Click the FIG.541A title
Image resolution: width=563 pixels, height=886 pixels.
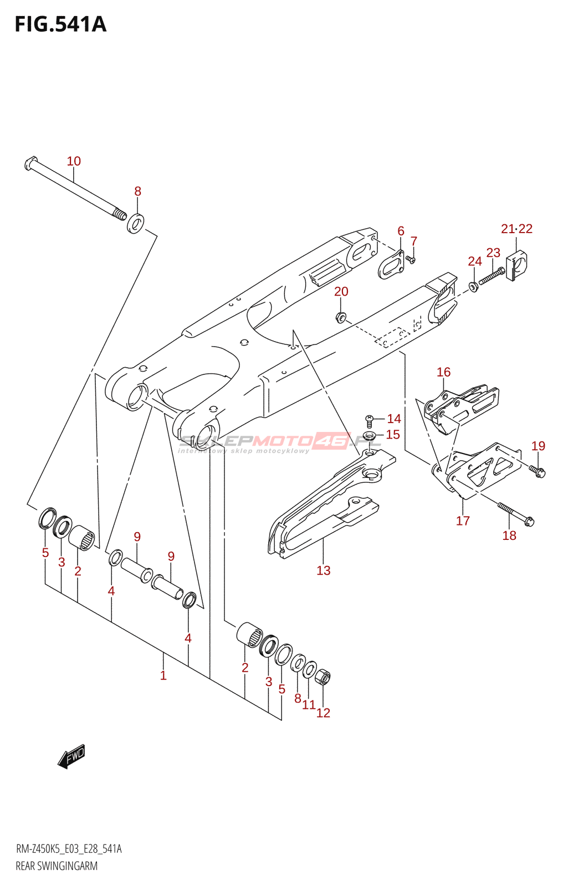coord(60,24)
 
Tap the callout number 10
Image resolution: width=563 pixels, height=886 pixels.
coord(74,161)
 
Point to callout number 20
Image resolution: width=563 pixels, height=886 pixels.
coord(341,291)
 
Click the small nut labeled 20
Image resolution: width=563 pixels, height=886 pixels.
coord(341,317)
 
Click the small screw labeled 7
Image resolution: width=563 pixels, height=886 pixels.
coord(411,259)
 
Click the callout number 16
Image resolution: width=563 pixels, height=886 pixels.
coord(443,372)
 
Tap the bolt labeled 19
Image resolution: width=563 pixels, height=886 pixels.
coord(538,471)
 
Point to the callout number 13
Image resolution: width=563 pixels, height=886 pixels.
coord(324,570)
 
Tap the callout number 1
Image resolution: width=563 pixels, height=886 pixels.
coord(163,675)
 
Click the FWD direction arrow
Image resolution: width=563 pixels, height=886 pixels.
coord(71,756)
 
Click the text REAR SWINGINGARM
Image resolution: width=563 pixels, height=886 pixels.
coord(57,866)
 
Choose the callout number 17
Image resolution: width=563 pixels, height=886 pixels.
coord(463,521)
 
